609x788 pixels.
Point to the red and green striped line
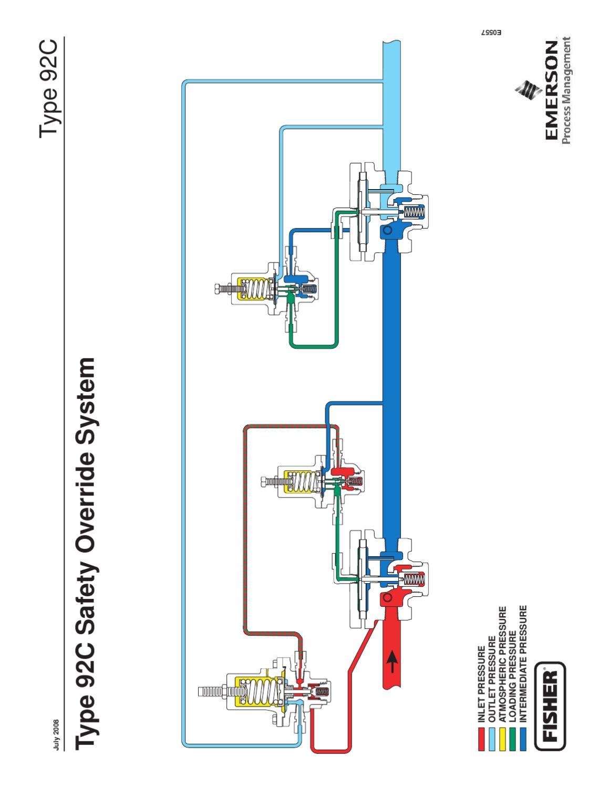point(245,525)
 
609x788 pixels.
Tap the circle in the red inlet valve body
point(387,597)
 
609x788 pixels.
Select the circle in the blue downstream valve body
point(387,231)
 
